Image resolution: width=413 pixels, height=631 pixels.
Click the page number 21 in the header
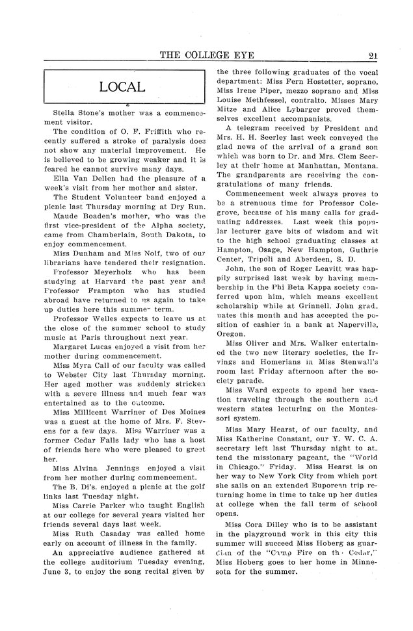[373, 57]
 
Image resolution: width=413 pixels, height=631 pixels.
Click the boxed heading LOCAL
[122, 86]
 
